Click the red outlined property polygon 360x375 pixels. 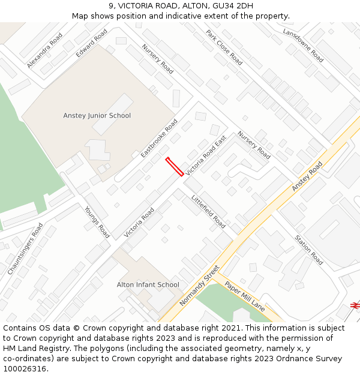175,167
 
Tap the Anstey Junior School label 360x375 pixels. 97,116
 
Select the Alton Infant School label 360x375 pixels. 148,285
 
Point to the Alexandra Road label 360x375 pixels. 44,50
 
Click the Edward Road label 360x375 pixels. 92,43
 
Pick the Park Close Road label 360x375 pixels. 224,47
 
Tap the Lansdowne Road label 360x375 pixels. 303,45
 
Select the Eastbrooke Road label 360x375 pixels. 159,138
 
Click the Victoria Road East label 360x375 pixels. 206,155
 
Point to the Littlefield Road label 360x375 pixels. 208,212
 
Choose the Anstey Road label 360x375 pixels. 307,176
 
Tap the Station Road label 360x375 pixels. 309,250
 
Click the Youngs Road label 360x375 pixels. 97,222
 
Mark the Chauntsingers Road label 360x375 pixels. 25,249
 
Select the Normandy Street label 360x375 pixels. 199,286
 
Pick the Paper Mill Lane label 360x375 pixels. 245,296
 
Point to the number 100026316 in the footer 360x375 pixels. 25,369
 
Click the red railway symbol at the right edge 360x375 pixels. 355,305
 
